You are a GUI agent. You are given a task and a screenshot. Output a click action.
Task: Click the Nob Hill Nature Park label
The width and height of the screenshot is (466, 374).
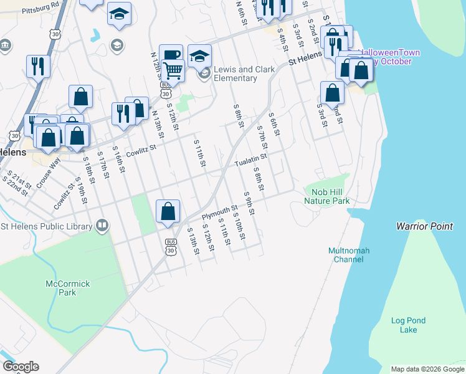[x=326, y=196]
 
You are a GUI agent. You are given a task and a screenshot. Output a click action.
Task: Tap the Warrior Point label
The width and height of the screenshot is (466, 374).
[x=424, y=226]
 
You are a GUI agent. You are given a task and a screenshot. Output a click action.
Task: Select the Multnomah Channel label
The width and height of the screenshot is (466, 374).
[x=349, y=255]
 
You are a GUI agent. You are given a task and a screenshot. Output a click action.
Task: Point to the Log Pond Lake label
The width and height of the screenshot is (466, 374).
[x=408, y=325]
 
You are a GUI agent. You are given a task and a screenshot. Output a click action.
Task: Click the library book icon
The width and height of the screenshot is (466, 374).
[x=102, y=226]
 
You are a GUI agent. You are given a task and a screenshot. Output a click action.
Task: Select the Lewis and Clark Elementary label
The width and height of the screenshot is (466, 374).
[x=244, y=74]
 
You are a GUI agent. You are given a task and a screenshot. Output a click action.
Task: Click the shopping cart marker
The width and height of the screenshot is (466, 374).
[x=173, y=71]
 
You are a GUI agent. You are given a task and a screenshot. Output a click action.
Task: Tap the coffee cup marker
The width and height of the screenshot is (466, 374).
[x=171, y=55]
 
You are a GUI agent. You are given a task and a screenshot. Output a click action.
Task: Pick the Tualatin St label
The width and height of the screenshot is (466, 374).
[x=250, y=161]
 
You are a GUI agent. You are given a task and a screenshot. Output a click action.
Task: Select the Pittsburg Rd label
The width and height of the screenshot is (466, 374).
[x=39, y=9]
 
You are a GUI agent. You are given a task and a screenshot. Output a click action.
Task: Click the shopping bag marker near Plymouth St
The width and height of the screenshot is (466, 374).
[x=168, y=211]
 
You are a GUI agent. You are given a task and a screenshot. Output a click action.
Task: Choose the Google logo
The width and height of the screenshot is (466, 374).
[x=20, y=367]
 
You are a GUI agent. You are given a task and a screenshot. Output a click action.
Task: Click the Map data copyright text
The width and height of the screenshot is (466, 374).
[x=427, y=369]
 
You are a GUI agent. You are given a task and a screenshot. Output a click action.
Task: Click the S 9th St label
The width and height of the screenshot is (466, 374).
[x=250, y=203]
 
